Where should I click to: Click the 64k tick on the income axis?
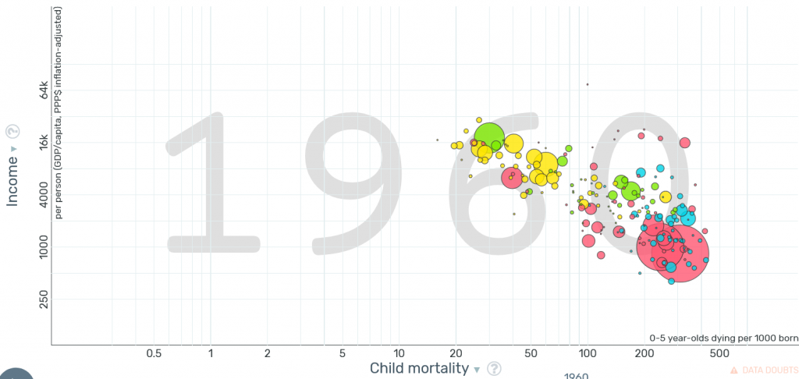[x=44, y=91]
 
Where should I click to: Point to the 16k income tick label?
[x=44, y=140]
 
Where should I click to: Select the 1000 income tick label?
[x=44, y=247]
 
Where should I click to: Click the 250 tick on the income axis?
[x=44, y=299]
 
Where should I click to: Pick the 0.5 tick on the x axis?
[x=153, y=353]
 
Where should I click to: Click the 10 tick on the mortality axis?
[x=398, y=353]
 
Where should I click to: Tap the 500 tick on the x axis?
[x=719, y=353]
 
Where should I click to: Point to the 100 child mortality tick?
[x=586, y=353]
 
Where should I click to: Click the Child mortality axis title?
[x=419, y=368]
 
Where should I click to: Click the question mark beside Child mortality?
[x=494, y=369]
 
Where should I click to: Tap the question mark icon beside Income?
[x=12, y=131]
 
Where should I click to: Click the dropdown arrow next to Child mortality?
[x=477, y=370]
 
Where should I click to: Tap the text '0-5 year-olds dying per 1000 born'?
[x=724, y=338]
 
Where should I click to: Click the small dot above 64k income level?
[x=588, y=84]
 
